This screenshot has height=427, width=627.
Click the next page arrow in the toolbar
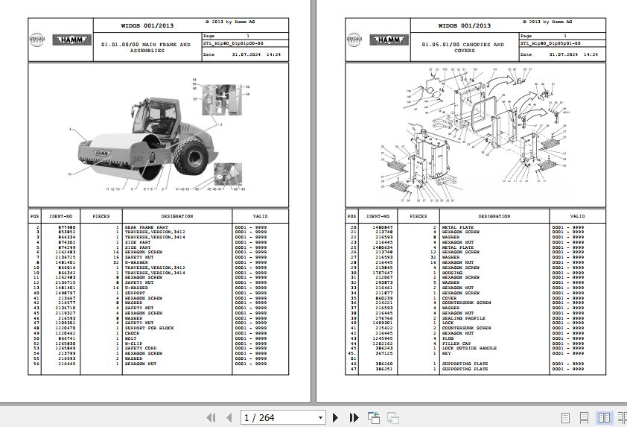335,417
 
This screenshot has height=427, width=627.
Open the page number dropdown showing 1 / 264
282,417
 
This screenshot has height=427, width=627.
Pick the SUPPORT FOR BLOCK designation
149,328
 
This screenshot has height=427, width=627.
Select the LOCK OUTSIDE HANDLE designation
469,348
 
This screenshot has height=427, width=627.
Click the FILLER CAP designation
456,343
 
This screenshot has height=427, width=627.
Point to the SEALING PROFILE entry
463,317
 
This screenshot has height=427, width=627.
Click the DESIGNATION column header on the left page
176,217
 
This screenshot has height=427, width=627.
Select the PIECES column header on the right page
414,217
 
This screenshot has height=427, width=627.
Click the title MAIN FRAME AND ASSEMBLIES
146,48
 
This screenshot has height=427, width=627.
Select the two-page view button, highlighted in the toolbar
605,417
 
